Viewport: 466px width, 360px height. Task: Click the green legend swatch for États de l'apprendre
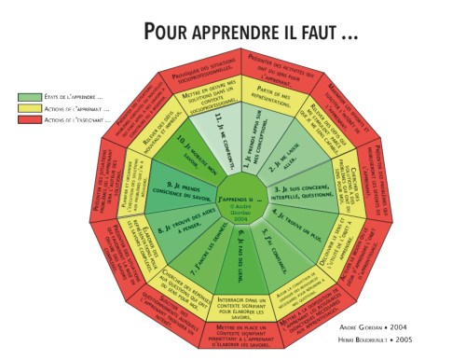point(29,96)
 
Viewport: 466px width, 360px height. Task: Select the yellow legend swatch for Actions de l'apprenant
point(29,108)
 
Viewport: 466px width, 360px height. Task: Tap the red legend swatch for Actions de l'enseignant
point(29,119)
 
